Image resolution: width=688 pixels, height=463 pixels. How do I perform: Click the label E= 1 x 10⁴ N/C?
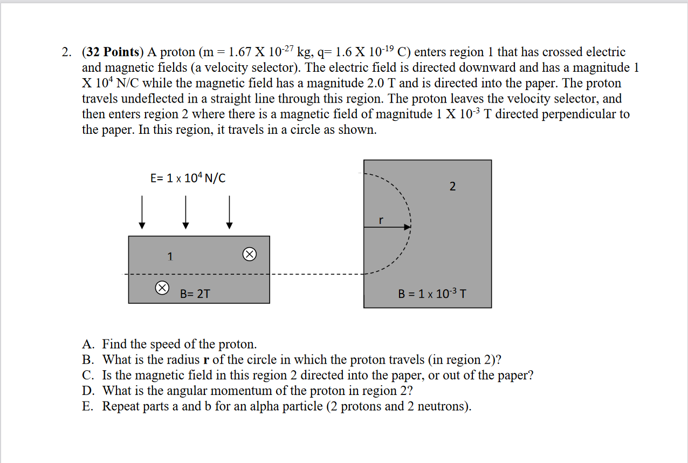pos(188,178)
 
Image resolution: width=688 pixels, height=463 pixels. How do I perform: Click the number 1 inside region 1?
pos(170,257)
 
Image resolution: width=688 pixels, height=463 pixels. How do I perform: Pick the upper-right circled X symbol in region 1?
pos(249,254)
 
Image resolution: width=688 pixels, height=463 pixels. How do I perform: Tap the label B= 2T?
pos(195,294)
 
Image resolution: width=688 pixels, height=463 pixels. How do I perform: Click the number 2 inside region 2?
pos(452,187)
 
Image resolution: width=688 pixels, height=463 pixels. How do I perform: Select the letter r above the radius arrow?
pos(381,220)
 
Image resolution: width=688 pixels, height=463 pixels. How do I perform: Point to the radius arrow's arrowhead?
pos(408,227)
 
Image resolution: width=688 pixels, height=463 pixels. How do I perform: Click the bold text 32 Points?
pos(112,52)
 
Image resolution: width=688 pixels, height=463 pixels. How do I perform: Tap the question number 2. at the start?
pos(67,52)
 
